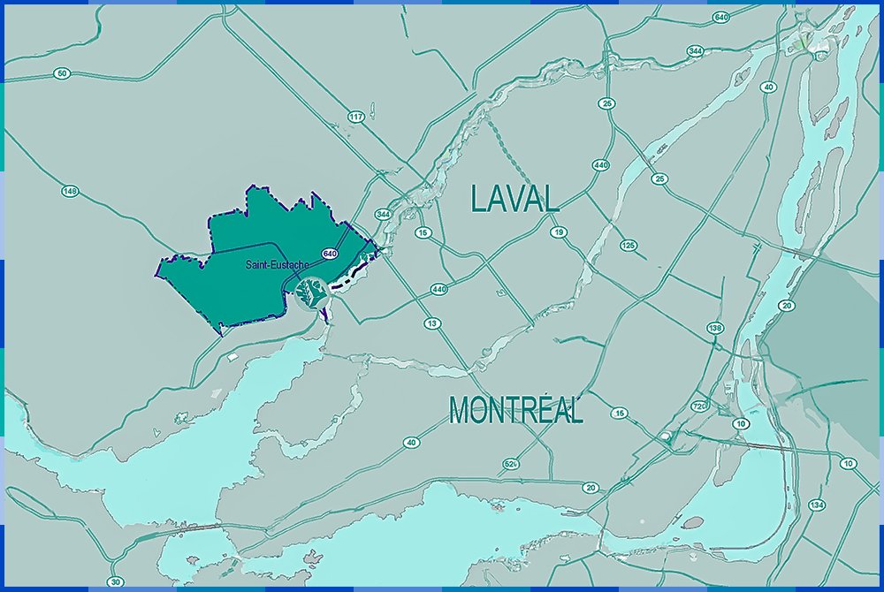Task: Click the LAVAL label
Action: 515,198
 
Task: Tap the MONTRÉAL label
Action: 515,410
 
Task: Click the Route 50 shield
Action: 61,73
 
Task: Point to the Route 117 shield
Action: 356,117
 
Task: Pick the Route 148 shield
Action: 71,191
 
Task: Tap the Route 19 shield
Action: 559,232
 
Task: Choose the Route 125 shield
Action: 629,245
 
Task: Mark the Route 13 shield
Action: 432,323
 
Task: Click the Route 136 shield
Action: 716,328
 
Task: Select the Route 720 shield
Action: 700,406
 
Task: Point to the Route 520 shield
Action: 510,464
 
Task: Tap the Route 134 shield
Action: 817,505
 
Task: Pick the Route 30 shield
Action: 115,581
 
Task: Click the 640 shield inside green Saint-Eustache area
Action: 330,254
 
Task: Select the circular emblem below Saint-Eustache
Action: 311,292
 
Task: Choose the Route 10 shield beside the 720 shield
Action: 740,424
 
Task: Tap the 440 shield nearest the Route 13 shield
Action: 438,289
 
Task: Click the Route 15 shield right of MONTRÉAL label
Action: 620,414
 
